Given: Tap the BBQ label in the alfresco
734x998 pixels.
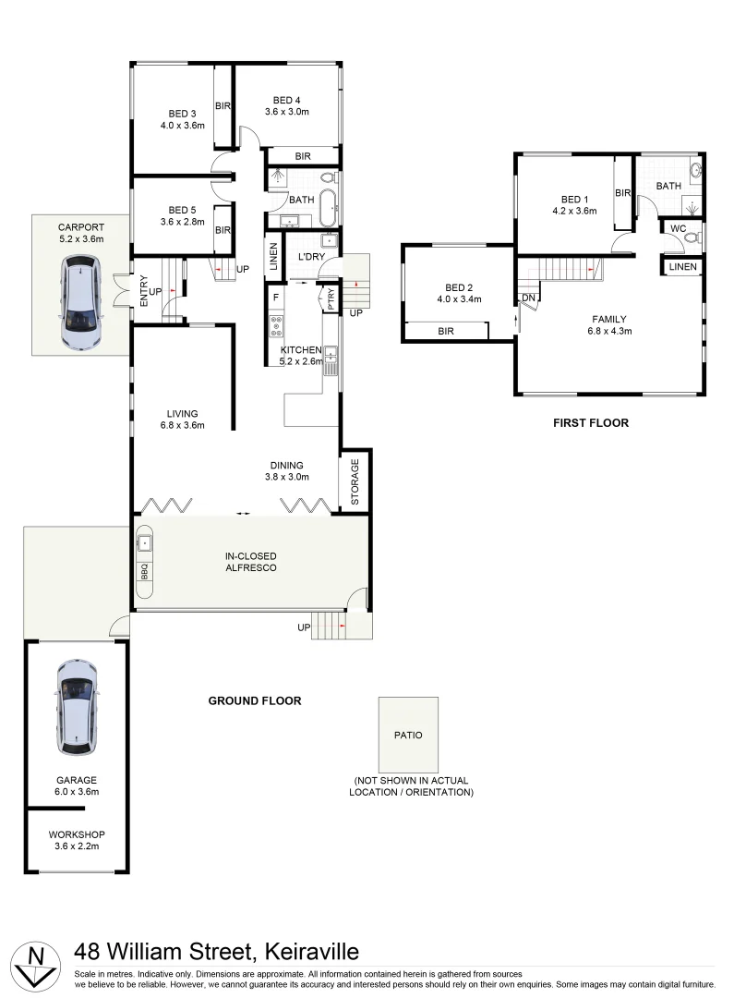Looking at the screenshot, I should pyautogui.click(x=144, y=572).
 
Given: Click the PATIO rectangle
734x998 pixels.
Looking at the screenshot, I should pyautogui.click(x=408, y=735).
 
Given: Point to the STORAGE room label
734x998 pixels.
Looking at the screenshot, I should pyautogui.click(x=355, y=480).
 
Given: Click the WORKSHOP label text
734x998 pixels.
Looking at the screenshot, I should pyautogui.click(x=76, y=834).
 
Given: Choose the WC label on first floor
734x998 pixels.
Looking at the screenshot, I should pyautogui.click(x=678, y=228).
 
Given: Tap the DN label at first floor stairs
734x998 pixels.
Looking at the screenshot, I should pyautogui.click(x=528, y=298).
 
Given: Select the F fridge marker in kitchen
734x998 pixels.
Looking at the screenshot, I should pyautogui.click(x=276, y=298).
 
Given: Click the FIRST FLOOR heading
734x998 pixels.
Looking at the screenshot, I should pyautogui.click(x=590, y=423).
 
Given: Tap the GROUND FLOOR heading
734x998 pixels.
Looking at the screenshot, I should pyautogui.click(x=255, y=700).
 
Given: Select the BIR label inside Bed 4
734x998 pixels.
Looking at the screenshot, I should pyautogui.click(x=303, y=157).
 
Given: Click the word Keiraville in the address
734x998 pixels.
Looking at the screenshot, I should pyautogui.click(x=312, y=952).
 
